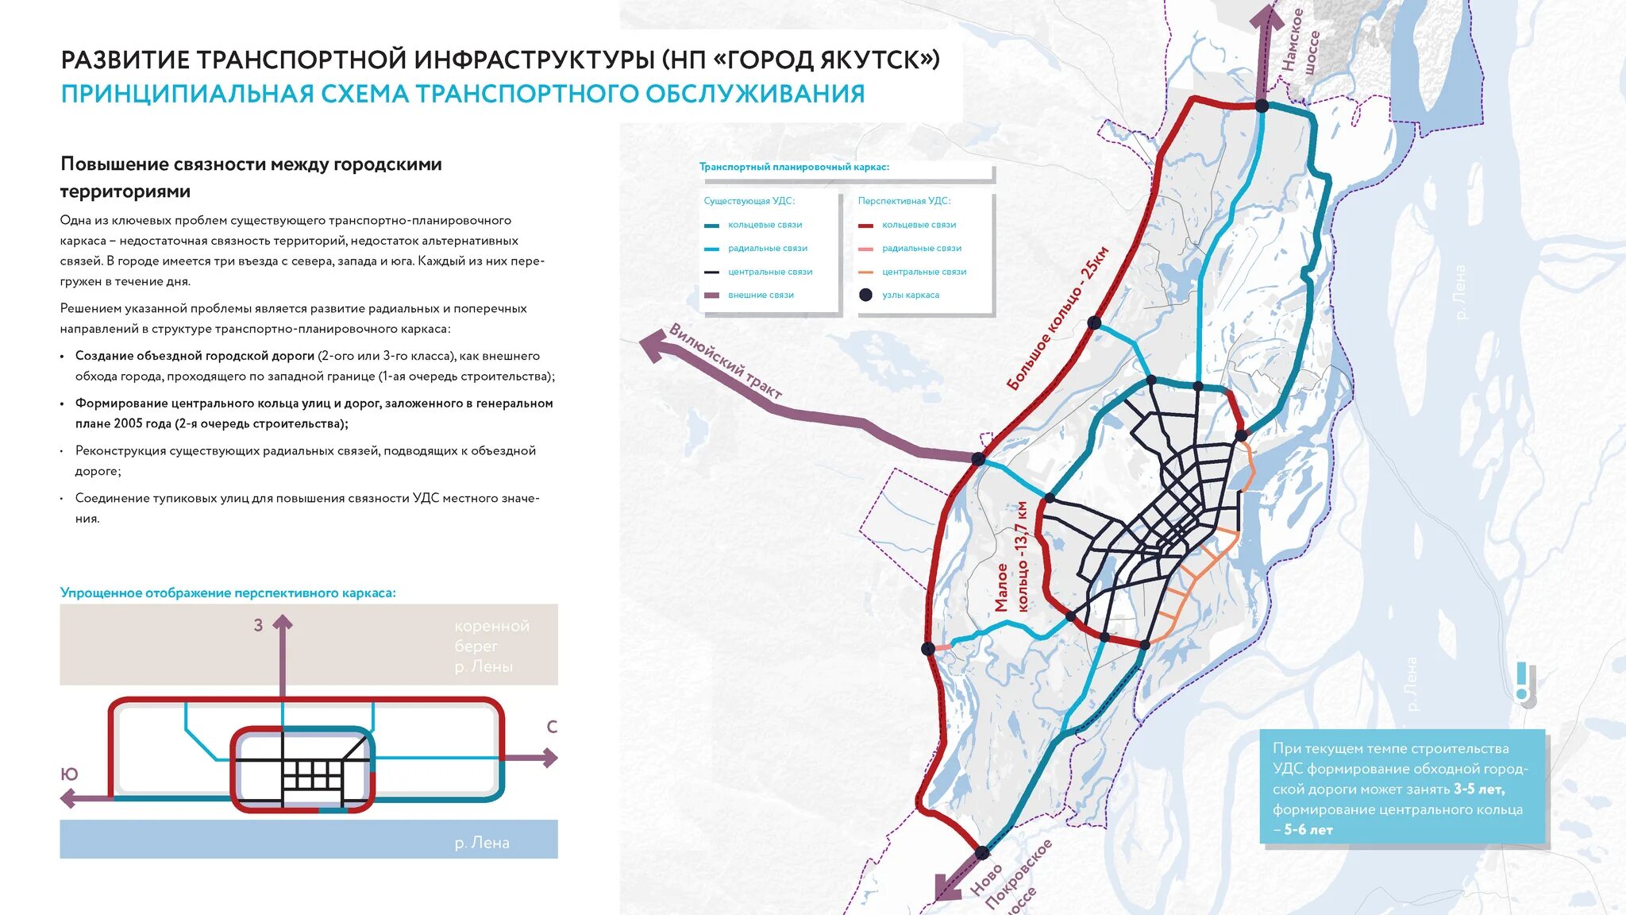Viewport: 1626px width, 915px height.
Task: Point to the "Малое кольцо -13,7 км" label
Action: coord(1011,557)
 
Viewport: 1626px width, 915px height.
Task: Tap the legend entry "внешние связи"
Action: coord(760,295)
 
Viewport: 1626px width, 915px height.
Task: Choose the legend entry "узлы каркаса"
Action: coord(910,295)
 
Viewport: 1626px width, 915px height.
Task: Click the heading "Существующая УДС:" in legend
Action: coord(749,201)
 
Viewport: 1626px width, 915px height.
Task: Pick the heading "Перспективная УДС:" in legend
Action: coord(904,201)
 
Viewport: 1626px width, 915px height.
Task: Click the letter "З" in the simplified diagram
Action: coord(258,626)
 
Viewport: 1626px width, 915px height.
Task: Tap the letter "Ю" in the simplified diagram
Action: coord(69,774)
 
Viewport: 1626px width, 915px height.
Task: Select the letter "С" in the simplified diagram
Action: coord(552,727)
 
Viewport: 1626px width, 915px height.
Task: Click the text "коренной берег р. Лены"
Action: coord(491,646)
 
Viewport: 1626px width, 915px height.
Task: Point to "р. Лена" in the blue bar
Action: coord(482,843)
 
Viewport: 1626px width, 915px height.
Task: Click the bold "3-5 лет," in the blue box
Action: coord(1478,789)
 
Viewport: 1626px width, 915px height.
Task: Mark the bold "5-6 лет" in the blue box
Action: coord(1308,830)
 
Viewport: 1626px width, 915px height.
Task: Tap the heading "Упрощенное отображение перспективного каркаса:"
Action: coord(228,593)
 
